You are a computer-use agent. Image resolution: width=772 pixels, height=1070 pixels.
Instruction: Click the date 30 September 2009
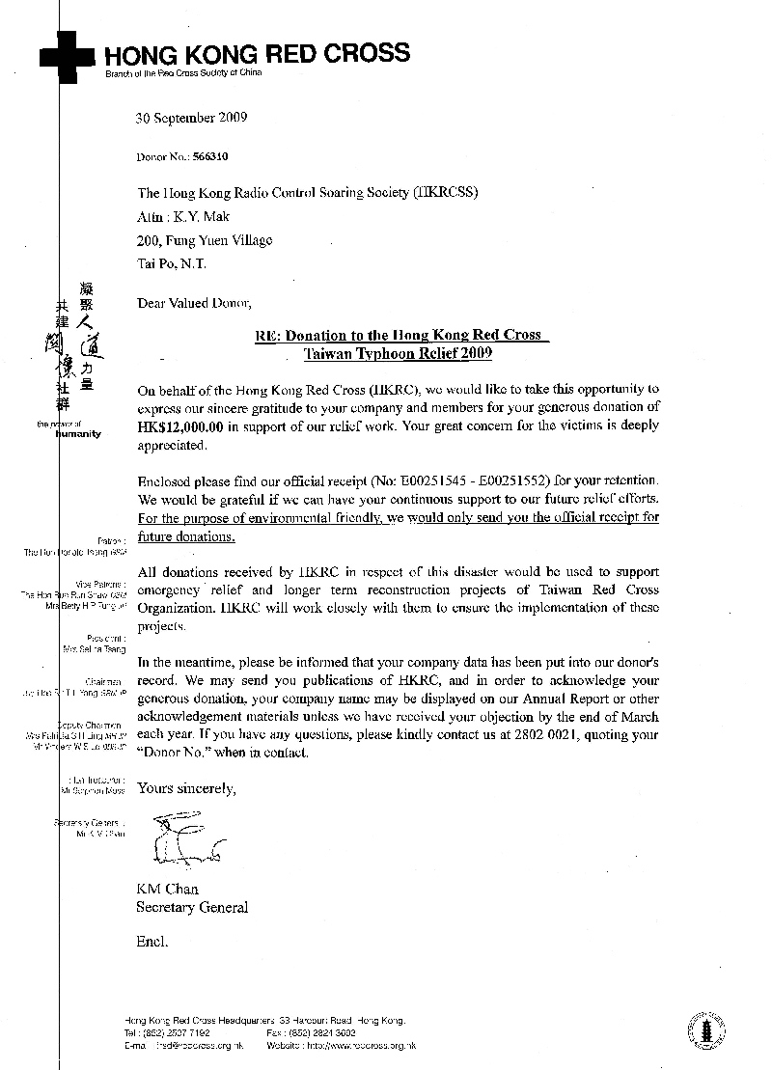192,119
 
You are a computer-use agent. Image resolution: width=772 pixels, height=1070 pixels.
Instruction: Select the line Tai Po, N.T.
171,263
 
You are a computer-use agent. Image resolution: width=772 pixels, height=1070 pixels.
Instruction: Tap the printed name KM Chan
167,889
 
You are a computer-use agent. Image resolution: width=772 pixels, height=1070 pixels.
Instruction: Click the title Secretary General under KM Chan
192,907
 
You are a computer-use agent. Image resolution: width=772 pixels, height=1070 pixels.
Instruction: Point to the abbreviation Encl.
152,940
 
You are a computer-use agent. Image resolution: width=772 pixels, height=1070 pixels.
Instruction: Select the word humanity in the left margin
79,434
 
